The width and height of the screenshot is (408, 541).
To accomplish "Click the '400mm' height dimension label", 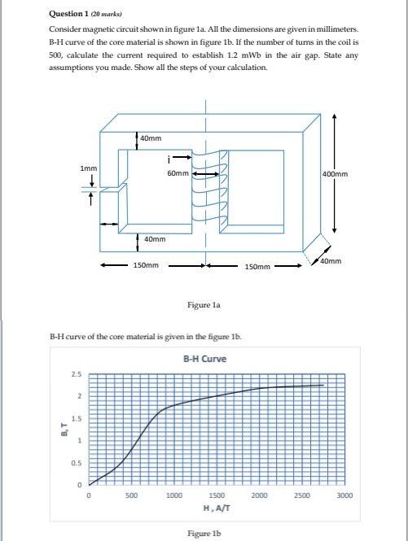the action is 352,174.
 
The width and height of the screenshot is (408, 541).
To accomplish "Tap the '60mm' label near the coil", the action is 178,173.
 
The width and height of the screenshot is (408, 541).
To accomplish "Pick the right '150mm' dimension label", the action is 257,266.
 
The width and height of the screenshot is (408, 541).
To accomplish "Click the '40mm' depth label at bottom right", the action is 333,260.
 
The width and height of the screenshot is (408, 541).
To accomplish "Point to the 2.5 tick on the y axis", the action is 76,374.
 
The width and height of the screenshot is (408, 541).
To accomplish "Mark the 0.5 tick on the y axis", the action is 76,463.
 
